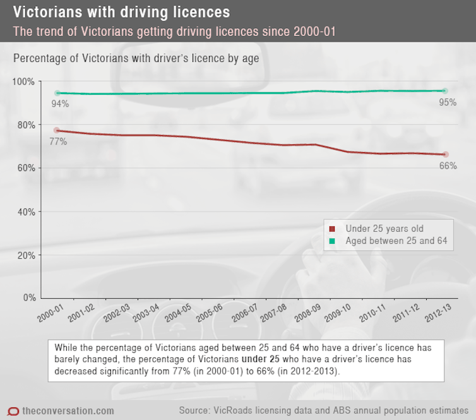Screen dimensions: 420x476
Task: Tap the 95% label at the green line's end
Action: coord(448,102)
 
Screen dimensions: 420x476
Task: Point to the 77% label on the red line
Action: coord(57,141)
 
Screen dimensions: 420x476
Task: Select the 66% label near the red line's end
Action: coord(448,165)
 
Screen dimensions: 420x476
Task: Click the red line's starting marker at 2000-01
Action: coord(57,130)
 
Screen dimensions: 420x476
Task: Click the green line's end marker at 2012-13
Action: coord(444,91)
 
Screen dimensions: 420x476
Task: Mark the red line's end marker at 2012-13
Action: coord(444,154)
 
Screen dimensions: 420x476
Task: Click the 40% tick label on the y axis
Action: coord(26,212)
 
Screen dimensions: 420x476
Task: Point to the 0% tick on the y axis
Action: coord(29,297)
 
